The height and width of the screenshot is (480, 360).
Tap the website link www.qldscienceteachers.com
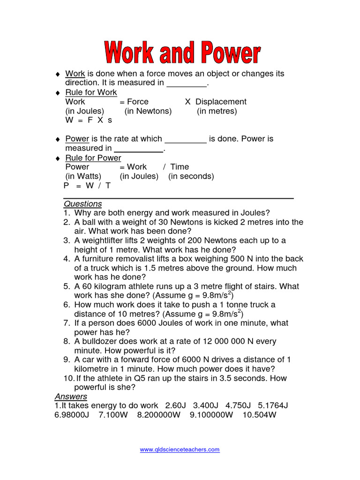(x=180, y=450)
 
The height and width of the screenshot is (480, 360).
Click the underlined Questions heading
(x=82, y=204)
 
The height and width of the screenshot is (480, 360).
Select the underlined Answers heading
(x=71, y=397)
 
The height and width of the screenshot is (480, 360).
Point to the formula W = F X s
(x=89, y=120)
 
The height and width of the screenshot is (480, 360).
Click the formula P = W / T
(x=87, y=186)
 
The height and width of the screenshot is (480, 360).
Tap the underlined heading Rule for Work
(x=91, y=92)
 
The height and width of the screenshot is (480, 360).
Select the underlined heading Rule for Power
(x=93, y=158)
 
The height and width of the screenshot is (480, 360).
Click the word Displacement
(x=221, y=102)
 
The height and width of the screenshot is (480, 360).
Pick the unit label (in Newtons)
(x=148, y=111)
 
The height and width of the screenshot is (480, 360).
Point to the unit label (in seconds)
(x=191, y=176)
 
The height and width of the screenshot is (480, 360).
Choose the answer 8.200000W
(x=158, y=415)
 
